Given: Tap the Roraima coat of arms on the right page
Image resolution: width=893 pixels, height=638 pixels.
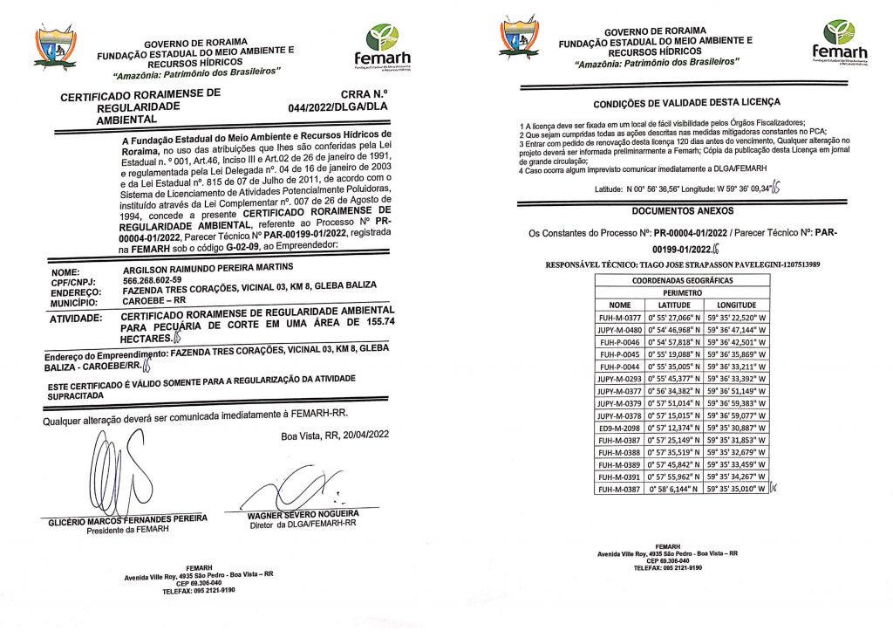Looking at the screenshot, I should (x=520, y=39).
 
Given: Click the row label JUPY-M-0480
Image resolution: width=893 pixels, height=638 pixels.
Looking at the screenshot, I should (x=619, y=331).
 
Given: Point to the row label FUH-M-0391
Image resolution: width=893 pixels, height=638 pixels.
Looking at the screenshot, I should (x=619, y=477).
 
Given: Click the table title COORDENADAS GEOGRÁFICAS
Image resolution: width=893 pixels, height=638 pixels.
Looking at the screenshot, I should (x=682, y=280).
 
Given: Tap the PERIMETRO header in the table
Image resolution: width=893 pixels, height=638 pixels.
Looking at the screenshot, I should (x=682, y=292).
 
